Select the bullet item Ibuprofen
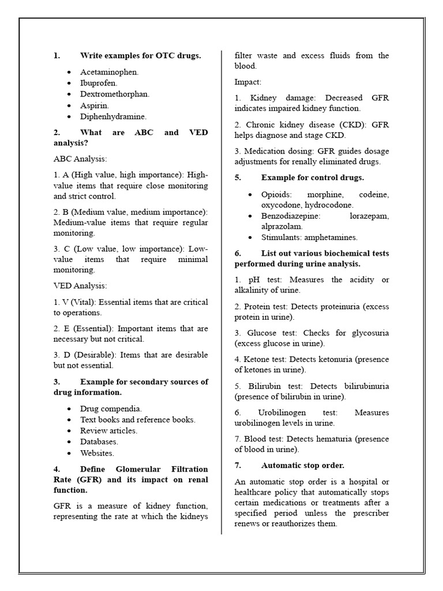[x=99, y=83]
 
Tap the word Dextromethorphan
[x=115, y=94]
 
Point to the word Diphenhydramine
[x=113, y=116]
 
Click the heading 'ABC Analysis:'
[x=80, y=159]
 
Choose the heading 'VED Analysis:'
[x=80, y=286]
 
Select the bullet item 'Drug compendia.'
[x=111, y=409]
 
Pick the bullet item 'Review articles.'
[x=108, y=431]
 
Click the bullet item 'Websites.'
[x=97, y=453]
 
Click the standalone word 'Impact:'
[x=248, y=82]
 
